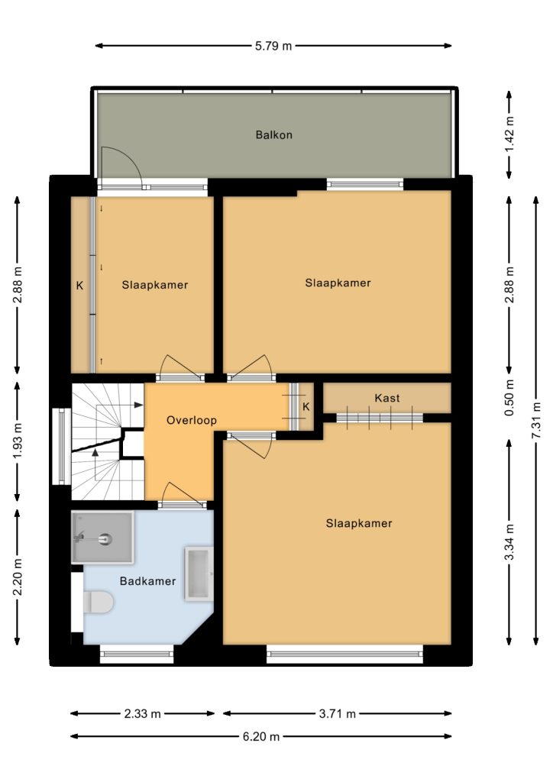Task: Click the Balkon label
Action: point(273,134)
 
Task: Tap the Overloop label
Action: point(192,421)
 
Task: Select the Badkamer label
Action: point(147,581)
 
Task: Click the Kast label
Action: point(387,398)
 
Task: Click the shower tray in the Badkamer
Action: point(102,537)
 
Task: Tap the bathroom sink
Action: point(199,573)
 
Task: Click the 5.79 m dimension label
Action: point(273,46)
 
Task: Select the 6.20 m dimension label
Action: point(260,736)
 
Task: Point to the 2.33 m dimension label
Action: point(142,714)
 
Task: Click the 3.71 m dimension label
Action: point(337,714)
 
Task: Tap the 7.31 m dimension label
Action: point(536,421)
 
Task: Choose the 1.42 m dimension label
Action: point(509,135)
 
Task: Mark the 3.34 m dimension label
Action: point(509,542)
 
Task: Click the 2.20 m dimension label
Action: point(18,577)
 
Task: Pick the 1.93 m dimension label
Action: point(18,441)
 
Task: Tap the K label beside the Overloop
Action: point(306,406)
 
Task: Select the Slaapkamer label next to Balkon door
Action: point(154,286)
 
